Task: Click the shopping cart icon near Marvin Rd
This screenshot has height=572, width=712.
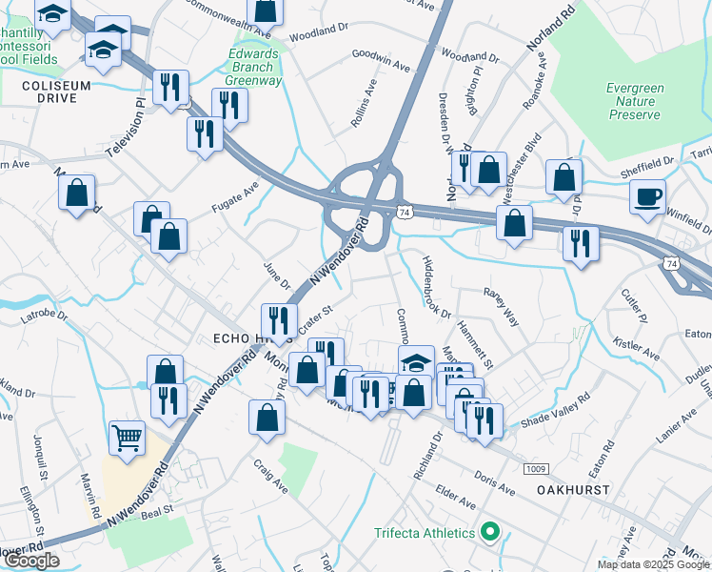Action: click(127, 438)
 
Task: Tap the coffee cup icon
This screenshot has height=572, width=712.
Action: click(647, 196)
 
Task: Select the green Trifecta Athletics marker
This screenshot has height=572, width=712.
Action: click(491, 532)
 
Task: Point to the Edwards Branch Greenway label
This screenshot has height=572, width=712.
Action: click(254, 68)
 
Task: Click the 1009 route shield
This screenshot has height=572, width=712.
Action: click(535, 468)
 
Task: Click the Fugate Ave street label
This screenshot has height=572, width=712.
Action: click(235, 194)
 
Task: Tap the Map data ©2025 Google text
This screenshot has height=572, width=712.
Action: click(653, 564)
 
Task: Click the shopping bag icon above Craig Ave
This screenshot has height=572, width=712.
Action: click(267, 416)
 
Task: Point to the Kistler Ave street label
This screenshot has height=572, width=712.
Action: click(637, 348)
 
